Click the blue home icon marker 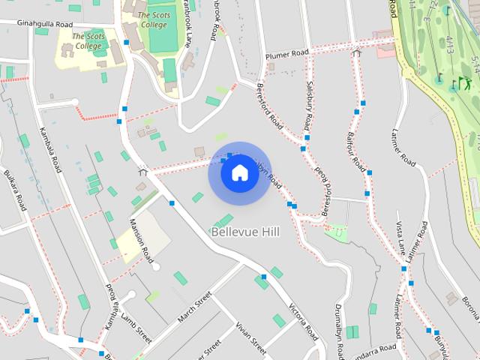tap(239, 173)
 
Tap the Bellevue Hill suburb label tap(245, 232)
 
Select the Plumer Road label tap(287, 55)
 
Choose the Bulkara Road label tap(15, 191)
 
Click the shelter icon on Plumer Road tap(356, 53)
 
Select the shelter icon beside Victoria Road tap(142, 171)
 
